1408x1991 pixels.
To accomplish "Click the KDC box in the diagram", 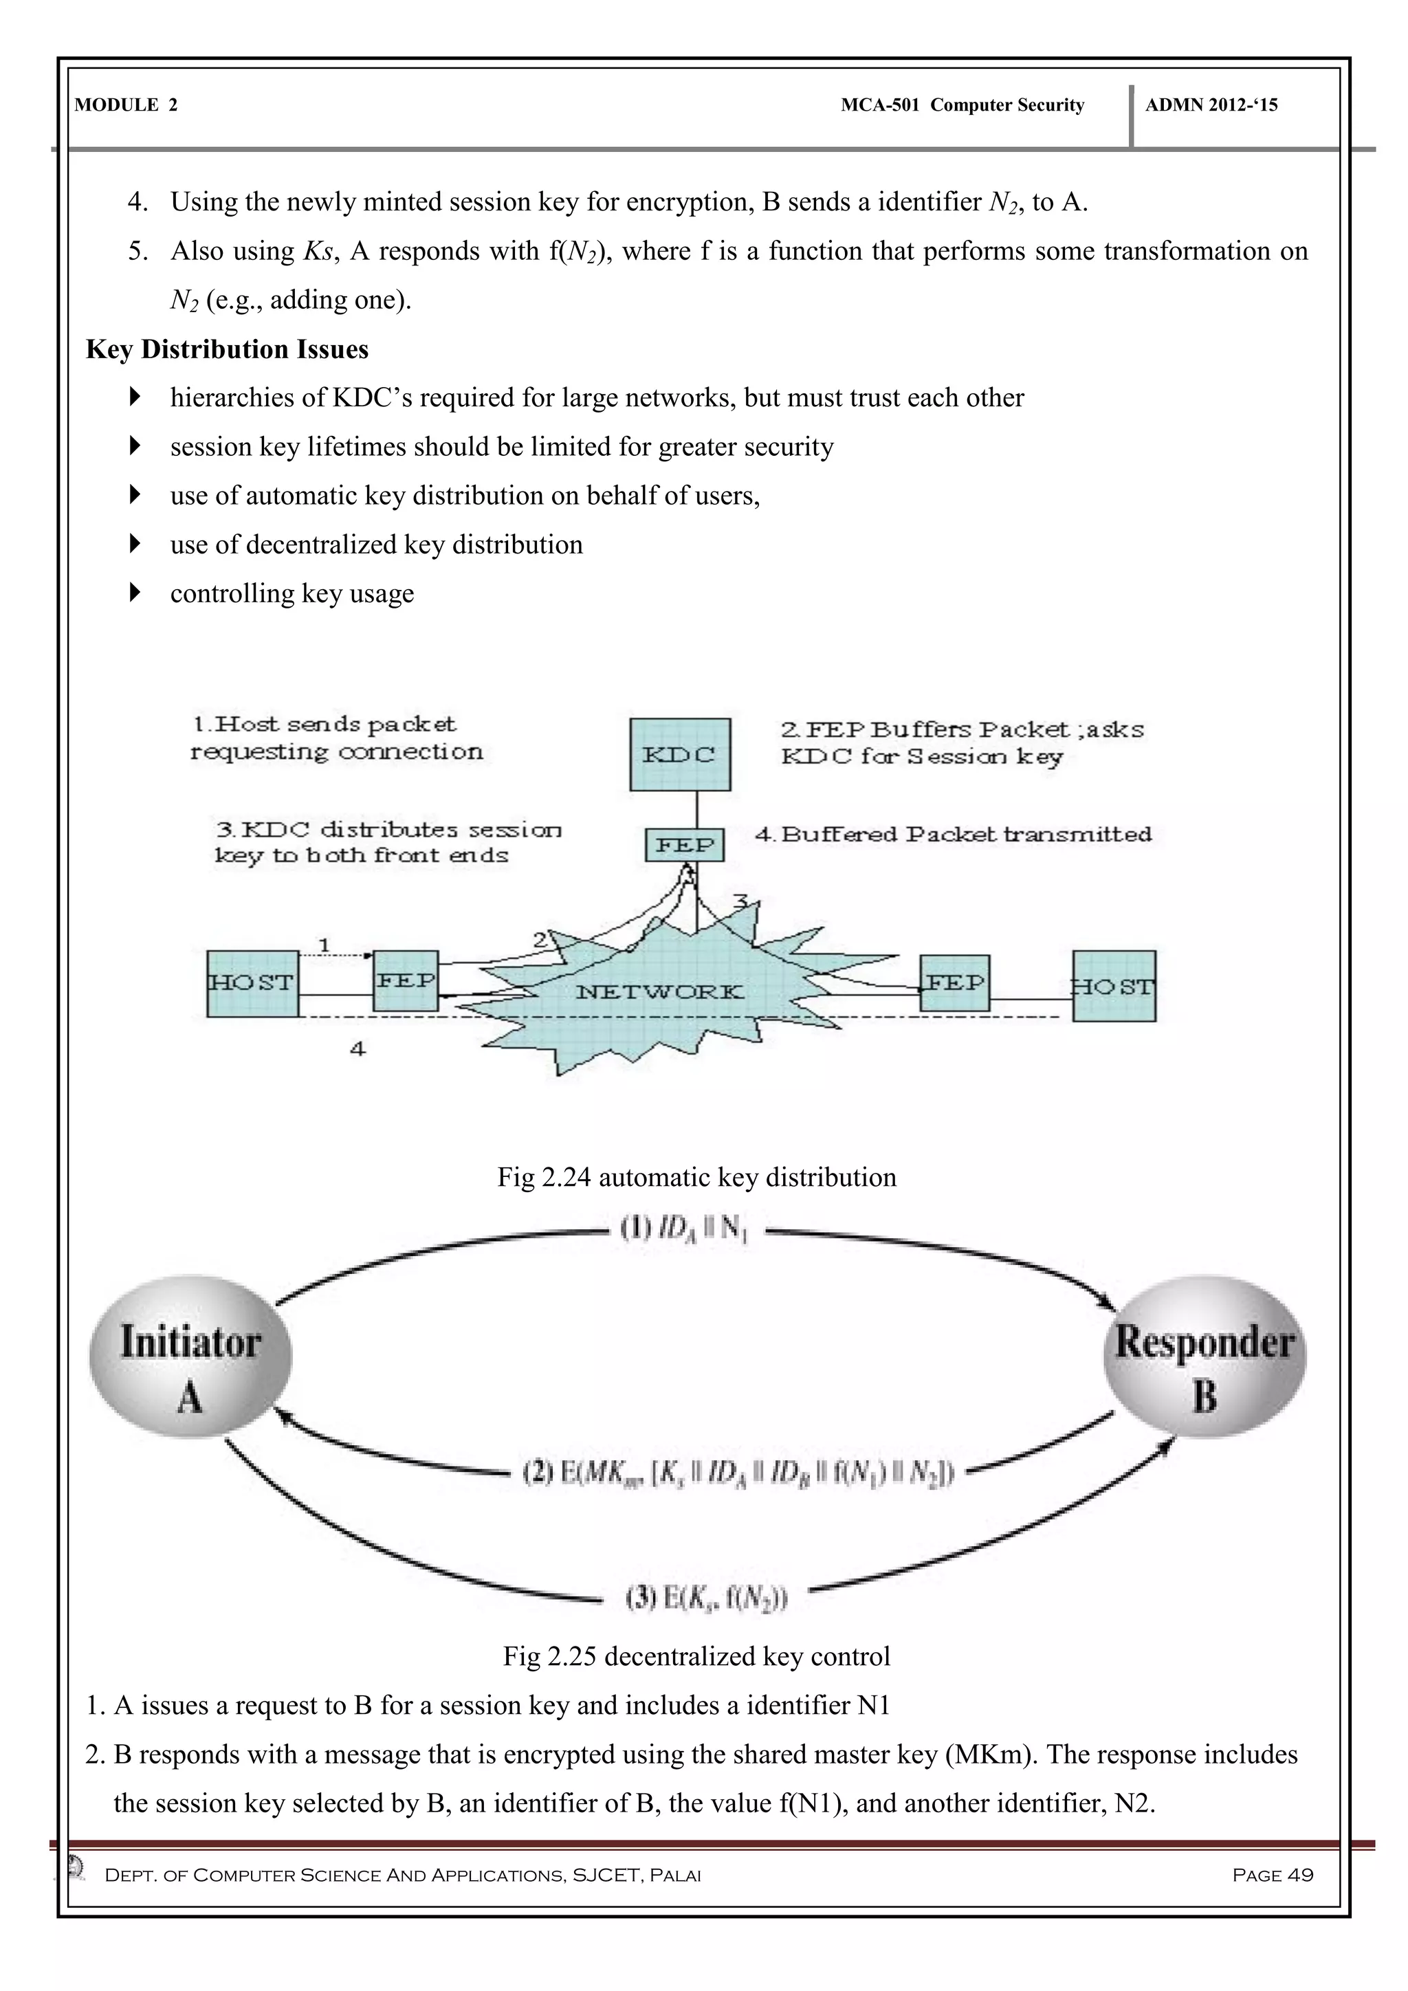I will tap(680, 753).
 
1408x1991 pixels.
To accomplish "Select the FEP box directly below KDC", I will tap(684, 845).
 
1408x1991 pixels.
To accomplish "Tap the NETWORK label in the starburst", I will tap(659, 991).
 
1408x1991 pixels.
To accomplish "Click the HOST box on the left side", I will tap(252, 982).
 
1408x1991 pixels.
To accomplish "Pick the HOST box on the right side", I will tap(1113, 986).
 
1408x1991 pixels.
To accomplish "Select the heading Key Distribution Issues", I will tap(227, 349).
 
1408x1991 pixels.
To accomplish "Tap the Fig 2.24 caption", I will tap(696, 1177).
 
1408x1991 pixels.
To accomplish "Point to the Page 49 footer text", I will tap(1272, 1875).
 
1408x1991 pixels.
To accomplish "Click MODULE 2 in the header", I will tap(126, 105).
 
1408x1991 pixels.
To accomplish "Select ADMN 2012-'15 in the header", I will tap(1211, 105).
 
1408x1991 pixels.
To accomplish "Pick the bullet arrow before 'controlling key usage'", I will tap(134, 593).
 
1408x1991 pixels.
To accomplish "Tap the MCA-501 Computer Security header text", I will tap(962, 105).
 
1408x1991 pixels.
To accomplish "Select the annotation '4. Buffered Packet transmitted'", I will tap(953, 834).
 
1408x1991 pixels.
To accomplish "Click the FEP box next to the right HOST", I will tap(954, 983).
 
